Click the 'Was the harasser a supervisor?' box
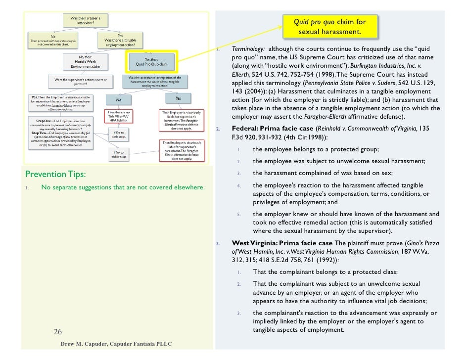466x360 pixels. [87, 20]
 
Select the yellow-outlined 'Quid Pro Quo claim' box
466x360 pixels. [152, 61]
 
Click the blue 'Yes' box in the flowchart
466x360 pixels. [179, 99]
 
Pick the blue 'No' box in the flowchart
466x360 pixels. [119, 99]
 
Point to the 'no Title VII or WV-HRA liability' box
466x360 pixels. [119, 117]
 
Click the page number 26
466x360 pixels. [58, 331]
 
